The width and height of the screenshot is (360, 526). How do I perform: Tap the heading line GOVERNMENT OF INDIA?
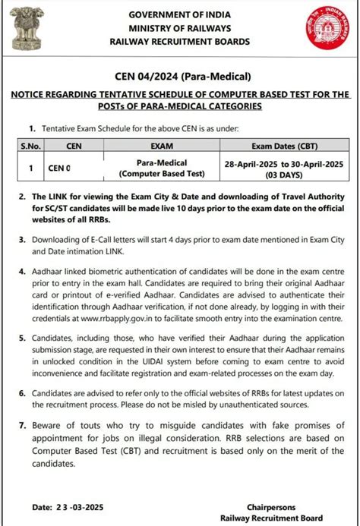180,15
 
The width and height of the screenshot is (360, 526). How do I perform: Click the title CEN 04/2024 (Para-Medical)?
180,76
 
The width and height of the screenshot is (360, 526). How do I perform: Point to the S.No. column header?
30,145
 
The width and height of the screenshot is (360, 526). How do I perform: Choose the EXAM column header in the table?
161,145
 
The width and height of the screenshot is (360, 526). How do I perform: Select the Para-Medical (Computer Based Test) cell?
161,169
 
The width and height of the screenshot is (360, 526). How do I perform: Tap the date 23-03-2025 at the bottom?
81,506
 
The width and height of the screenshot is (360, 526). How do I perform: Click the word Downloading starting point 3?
60,240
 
